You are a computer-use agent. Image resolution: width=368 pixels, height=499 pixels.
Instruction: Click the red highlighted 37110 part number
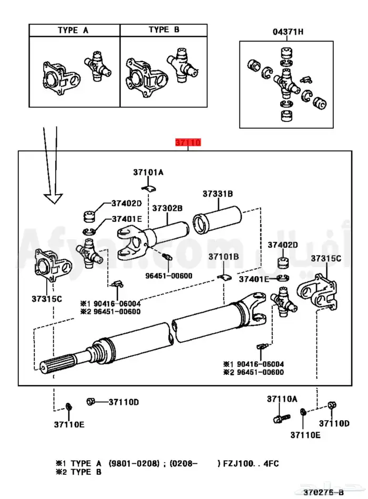coord(188,142)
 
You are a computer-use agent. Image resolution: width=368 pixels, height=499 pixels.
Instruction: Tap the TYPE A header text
coord(73,30)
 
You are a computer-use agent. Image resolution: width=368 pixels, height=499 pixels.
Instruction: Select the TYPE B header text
coord(164,29)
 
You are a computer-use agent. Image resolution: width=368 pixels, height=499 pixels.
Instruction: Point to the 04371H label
coord(288,32)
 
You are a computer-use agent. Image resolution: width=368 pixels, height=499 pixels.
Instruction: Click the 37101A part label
coord(148,172)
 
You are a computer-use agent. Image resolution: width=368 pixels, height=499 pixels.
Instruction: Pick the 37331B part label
coord(218,194)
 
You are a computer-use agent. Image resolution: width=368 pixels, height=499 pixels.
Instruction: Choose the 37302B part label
coord(167,208)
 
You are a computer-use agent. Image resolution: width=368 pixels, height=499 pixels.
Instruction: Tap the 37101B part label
coord(223,257)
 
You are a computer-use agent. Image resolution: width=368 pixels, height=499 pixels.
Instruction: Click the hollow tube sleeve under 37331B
coord(217,220)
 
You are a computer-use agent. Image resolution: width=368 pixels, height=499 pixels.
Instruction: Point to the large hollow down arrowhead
coord(54,198)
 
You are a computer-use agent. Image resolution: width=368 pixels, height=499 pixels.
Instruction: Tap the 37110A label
coord(282,399)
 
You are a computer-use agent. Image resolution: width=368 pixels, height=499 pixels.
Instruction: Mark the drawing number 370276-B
coord(323,492)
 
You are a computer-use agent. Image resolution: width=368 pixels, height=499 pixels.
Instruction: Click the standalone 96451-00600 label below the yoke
coord(169,276)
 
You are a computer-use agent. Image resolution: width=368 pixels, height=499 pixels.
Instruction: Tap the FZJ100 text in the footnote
coord(236,463)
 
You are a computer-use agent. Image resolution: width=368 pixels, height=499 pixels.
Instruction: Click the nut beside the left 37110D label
coord(90,402)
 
